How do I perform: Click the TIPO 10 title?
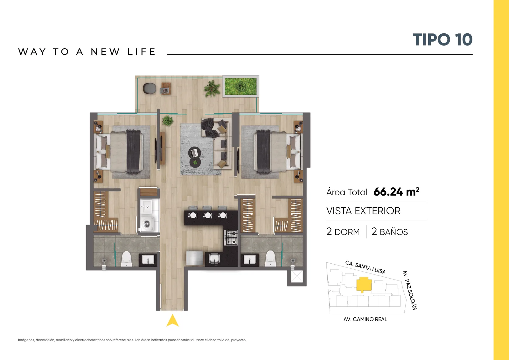pos(443,39)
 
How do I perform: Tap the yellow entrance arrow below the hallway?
pos(172,321)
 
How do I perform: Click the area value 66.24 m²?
pos(396,192)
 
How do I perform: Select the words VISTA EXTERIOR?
pos(363,211)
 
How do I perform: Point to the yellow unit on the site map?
pos(364,284)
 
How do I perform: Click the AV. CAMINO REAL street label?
pos(365,319)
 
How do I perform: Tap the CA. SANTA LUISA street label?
pos(366,267)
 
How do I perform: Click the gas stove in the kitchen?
pos(231,238)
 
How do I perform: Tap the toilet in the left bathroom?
pos(126,259)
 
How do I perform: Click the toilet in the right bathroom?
pos(270,259)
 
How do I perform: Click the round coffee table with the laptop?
pos(195,153)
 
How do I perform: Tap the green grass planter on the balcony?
pos(241,86)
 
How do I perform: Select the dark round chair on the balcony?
pos(149,88)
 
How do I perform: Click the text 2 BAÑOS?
pos(389,232)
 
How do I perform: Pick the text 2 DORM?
pos(343,232)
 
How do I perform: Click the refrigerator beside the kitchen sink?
pos(194,258)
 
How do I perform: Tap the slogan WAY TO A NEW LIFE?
pos(87,52)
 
